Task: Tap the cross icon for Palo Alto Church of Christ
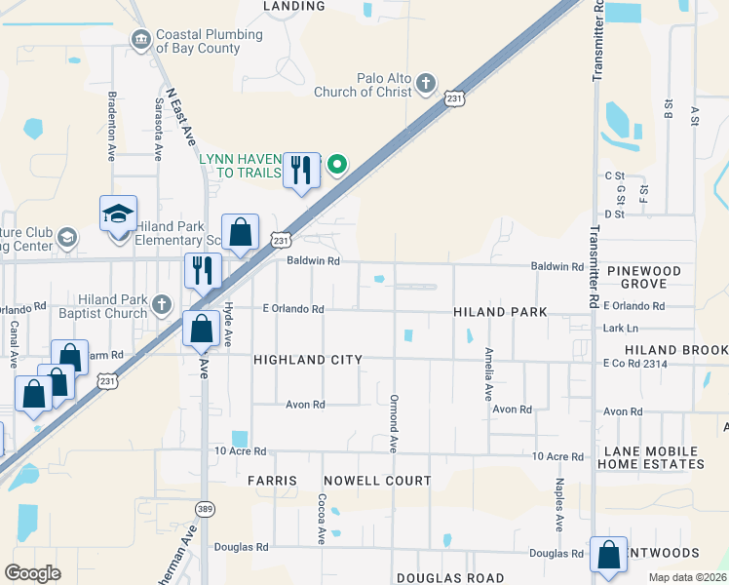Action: click(x=426, y=84)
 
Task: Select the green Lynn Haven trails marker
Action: click(x=337, y=165)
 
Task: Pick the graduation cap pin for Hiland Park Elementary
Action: click(x=118, y=214)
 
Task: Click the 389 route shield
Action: click(x=204, y=508)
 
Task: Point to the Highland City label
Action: click(x=307, y=360)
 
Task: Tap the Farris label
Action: click(x=271, y=481)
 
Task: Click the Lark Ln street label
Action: click(x=621, y=329)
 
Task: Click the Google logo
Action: click(x=33, y=573)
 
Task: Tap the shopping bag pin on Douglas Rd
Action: click(x=608, y=555)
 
